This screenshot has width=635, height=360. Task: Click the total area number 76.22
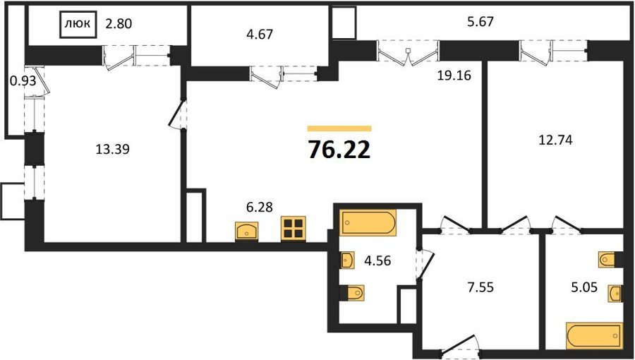[x=339, y=150]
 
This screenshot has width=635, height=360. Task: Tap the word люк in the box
[x=78, y=23]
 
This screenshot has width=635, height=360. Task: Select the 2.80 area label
[x=119, y=24]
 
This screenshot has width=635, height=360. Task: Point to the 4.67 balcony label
[x=260, y=35]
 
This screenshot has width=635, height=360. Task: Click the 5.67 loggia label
[x=480, y=21]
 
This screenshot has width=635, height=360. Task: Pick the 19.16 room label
[x=454, y=75]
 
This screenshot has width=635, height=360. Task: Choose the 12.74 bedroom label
[x=555, y=140]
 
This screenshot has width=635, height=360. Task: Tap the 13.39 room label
[x=112, y=150]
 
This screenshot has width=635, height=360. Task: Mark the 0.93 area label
[x=23, y=81]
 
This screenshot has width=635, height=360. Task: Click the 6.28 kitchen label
[x=260, y=208]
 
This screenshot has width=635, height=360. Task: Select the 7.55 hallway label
[x=480, y=288]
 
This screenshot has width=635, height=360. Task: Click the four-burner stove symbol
[x=294, y=229]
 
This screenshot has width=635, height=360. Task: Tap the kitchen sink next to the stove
[x=247, y=232]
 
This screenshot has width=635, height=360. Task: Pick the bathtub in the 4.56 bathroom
[x=368, y=222]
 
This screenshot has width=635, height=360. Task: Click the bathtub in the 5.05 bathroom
[x=594, y=335]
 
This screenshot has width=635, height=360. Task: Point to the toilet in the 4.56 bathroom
[x=352, y=293]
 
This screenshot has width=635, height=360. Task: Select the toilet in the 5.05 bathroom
[x=610, y=260]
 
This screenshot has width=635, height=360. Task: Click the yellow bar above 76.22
[x=339, y=128]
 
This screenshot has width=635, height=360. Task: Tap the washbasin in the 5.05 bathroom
[x=615, y=293]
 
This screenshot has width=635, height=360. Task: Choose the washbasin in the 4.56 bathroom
[x=347, y=260]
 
